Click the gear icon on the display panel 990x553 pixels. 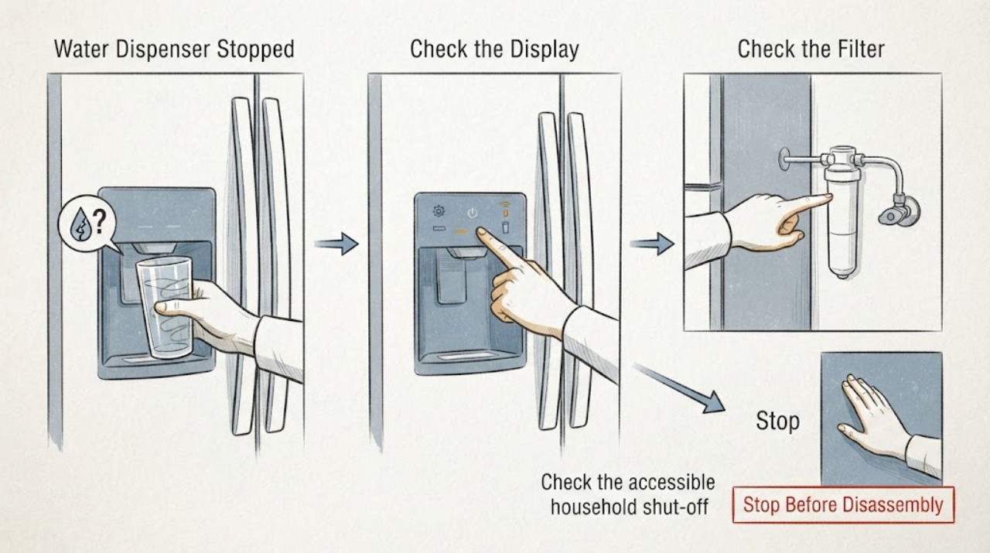[x=439, y=211]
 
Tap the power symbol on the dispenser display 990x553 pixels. [x=473, y=213]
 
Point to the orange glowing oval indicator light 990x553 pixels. [x=460, y=230]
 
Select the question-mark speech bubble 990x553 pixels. [x=87, y=224]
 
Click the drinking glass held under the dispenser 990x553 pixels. [x=165, y=307]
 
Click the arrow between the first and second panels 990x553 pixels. [x=336, y=244]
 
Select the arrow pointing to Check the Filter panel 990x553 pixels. [x=652, y=244]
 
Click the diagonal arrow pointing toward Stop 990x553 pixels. [x=679, y=387]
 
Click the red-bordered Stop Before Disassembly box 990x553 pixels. [x=843, y=505]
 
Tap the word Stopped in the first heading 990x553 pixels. [x=255, y=49]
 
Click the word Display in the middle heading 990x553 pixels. [x=538, y=49]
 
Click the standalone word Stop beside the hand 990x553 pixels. [x=777, y=422]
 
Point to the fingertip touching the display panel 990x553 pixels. [x=480, y=231]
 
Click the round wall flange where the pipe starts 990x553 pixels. [x=783, y=159]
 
